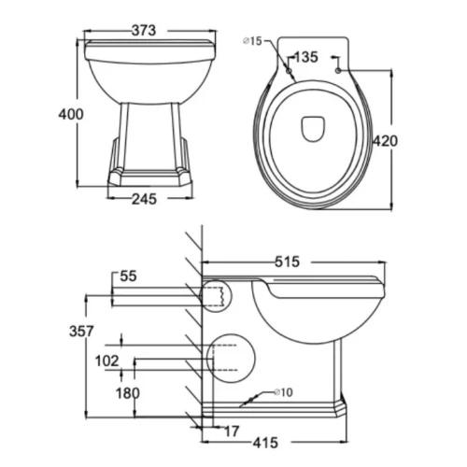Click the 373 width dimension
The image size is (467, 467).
coord(144,31)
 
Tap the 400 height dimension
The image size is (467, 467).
coord(71,114)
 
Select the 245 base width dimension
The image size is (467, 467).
coord(144,199)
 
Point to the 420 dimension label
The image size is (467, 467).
coord(386,141)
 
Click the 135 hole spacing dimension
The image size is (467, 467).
coord(306,57)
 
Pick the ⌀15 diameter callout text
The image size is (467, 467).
coord(252,41)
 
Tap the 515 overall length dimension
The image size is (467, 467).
coord(287,262)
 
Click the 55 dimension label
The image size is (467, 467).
coord(128,276)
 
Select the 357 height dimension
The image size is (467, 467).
coord(81,331)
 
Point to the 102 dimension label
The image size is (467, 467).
coord(107,361)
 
